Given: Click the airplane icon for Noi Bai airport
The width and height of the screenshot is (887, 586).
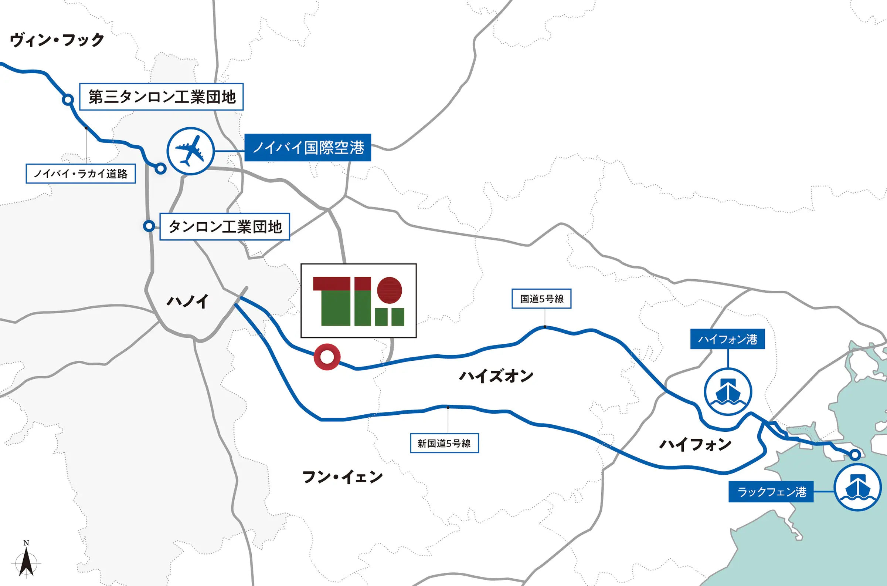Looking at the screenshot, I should click(190, 151).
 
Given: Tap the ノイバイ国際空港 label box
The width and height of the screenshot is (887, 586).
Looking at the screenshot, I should click(307, 148).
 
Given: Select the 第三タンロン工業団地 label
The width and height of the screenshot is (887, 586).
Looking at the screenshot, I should click(161, 97).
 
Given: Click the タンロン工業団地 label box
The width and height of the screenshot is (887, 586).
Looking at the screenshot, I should click(225, 226).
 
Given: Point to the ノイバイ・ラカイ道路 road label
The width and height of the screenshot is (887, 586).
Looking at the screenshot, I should click(81, 174).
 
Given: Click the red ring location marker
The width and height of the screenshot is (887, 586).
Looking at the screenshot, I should click(327, 357).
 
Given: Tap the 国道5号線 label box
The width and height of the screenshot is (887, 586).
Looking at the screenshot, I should click(541, 299).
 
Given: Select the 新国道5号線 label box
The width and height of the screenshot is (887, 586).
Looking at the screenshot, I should click(444, 443).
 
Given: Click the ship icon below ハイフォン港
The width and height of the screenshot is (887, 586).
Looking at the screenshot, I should click(728, 392).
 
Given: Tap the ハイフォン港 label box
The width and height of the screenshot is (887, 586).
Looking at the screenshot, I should click(727, 339).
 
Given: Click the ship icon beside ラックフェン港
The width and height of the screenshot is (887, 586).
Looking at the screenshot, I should click(857, 487).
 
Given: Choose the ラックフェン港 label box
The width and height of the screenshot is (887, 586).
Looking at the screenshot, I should click(771, 491).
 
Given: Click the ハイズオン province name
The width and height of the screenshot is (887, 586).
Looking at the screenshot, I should click(496, 375).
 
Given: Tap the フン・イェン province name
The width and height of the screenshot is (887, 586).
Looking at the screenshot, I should click(342, 477).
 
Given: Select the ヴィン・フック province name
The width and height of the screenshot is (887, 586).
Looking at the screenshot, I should click(57, 40).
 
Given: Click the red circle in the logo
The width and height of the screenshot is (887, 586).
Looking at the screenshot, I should click(390, 290).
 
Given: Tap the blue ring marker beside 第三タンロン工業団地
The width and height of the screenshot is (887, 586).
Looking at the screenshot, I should click(68, 100).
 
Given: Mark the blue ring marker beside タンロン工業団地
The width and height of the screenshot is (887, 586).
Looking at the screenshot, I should click(149, 226).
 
